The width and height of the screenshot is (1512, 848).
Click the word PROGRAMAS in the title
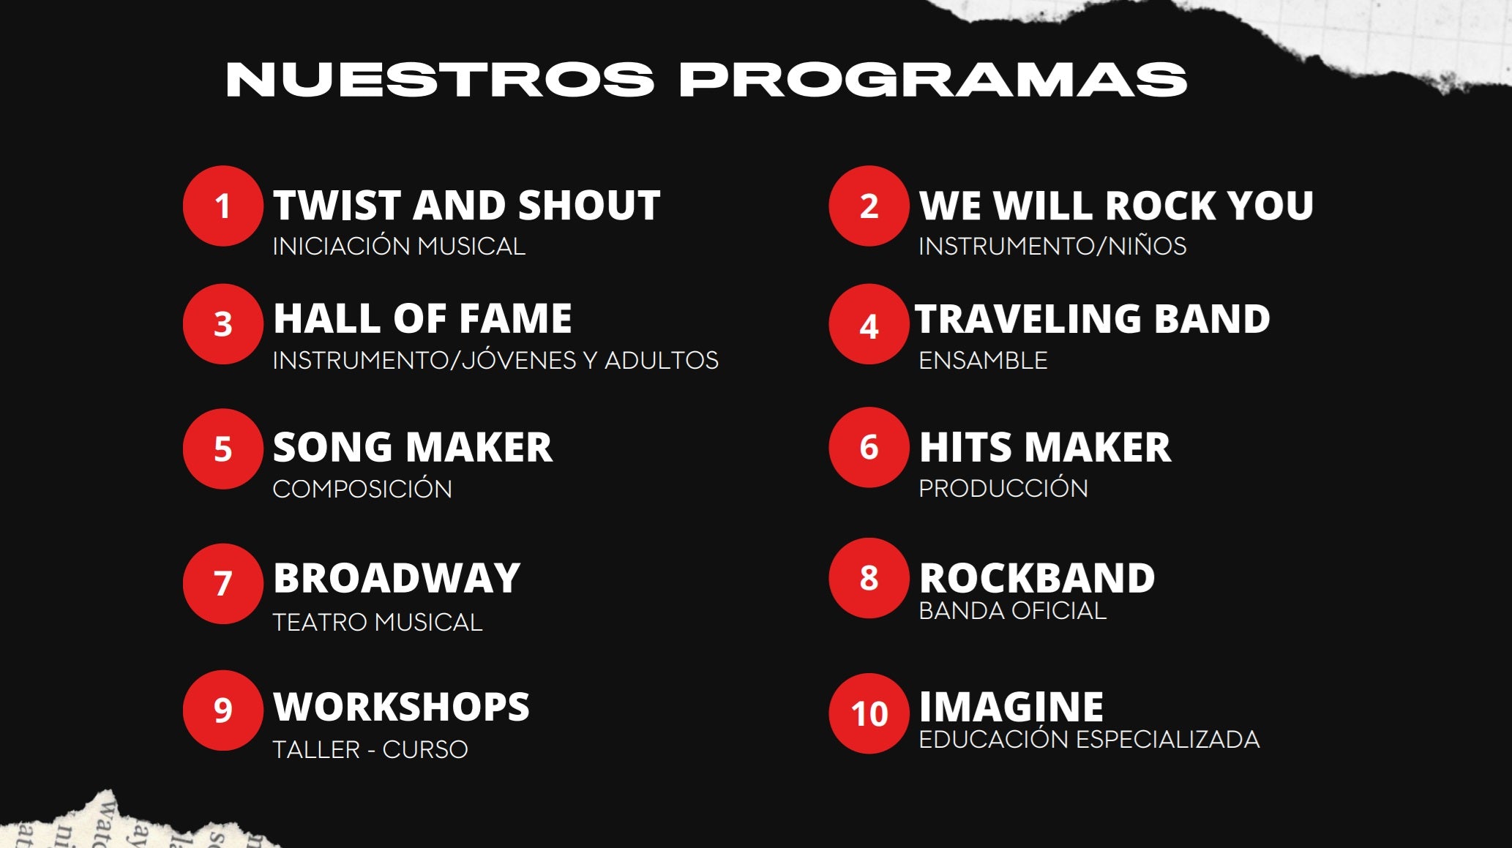click(x=933, y=79)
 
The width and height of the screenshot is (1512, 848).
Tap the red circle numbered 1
click(x=223, y=206)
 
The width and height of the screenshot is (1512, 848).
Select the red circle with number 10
click(x=869, y=713)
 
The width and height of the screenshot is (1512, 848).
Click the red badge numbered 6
click(x=869, y=447)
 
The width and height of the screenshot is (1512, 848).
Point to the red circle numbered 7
click(x=223, y=583)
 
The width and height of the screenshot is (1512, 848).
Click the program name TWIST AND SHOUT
click(x=467, y=205)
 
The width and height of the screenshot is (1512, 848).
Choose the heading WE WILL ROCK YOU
click(x=1116, y=205)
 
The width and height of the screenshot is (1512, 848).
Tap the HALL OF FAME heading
click(x=422, y=318)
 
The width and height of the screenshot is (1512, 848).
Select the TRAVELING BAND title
click(x=1093, y=318)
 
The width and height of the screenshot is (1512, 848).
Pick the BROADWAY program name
click(x=397, y=578)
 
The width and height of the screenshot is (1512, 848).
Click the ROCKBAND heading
click(x=1037, y=578)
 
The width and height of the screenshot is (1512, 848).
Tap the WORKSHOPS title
click(x=401, y=707)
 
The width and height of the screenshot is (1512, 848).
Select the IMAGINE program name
click(x=1011, y=707)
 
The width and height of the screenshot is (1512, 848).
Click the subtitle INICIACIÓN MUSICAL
click(x=399, y=246)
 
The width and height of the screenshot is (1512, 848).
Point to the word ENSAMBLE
click(x=983, y=360)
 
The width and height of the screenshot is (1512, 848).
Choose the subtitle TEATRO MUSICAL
click(x=378, y=622)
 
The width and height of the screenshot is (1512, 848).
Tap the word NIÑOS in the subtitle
click(x=1147, y=246)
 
